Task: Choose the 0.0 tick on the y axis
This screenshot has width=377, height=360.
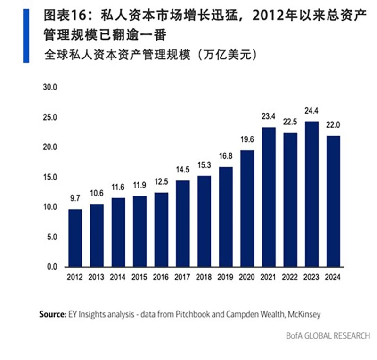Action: point(51,267)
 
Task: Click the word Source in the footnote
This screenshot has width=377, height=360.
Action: point(52,314)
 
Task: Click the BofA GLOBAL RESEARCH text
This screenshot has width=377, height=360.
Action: point(328,336)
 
